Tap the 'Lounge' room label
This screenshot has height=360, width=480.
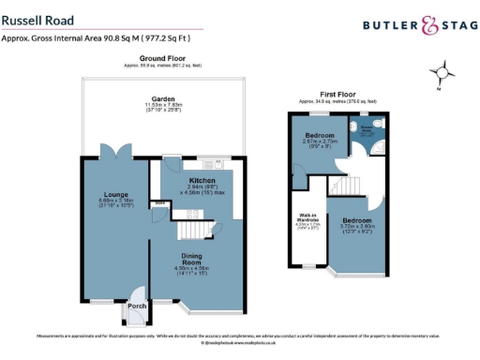tap(115, 194)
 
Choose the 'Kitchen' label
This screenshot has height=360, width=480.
tap(202, 179)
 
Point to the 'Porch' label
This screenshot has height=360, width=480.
tap(138, 306)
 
